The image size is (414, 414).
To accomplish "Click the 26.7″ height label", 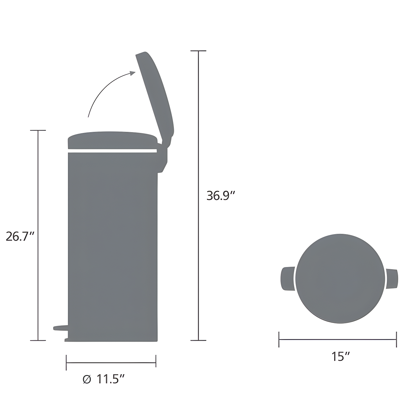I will point(20,236).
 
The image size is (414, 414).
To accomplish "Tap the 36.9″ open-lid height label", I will point(221,196).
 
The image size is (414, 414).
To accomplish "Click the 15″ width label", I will point(340,357).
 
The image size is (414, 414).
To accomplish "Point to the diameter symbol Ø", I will point(87,380).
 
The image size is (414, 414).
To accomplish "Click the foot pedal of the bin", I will point(60,328).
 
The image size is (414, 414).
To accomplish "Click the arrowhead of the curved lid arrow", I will point(133,73).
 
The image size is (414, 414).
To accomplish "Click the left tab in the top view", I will point(287,278).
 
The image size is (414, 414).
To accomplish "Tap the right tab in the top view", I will point(392,279).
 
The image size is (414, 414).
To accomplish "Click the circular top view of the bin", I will point(340,278).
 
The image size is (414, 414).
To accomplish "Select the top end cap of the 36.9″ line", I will point(198,51).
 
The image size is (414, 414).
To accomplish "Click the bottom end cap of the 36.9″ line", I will point(198,340).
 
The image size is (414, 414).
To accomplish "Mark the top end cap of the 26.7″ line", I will point(38,131).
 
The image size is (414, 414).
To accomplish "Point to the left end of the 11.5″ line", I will point(66,363).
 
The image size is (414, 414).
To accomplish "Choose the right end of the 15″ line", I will point(396,339).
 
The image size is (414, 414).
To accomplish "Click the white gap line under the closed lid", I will point(112,151).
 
